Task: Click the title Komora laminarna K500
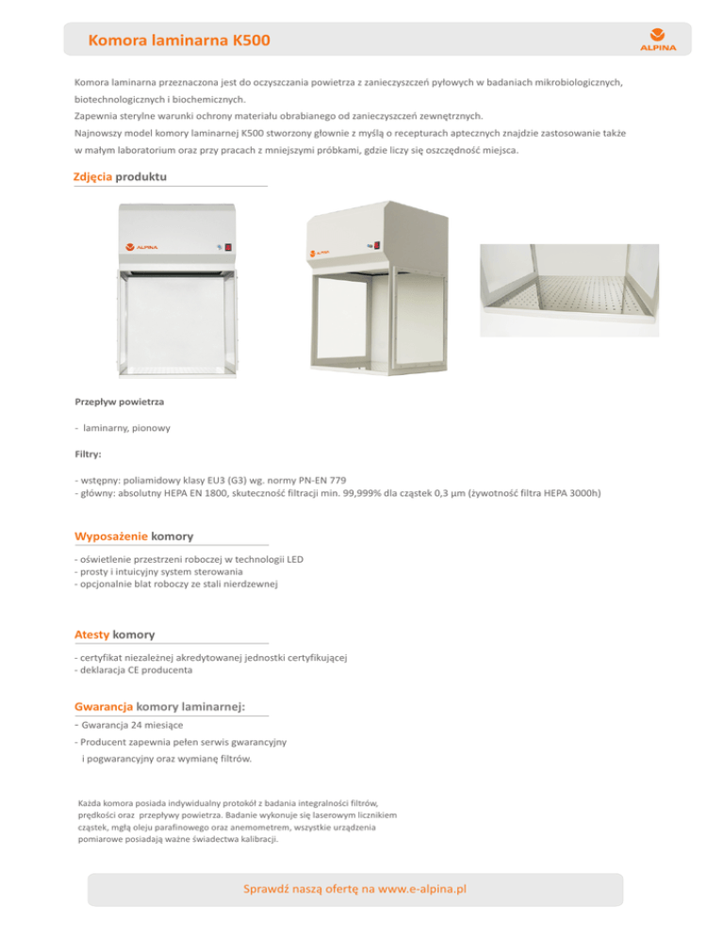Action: [178, 41]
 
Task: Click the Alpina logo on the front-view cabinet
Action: [141, 247]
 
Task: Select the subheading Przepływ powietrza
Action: [119, 402]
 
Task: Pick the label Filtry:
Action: [89, 453]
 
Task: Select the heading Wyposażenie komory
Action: [134, 536]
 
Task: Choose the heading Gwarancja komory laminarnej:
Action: [159, 705]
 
